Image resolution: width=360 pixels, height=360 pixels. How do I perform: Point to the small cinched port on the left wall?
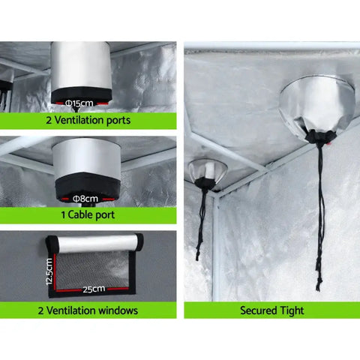click(205, 172)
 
